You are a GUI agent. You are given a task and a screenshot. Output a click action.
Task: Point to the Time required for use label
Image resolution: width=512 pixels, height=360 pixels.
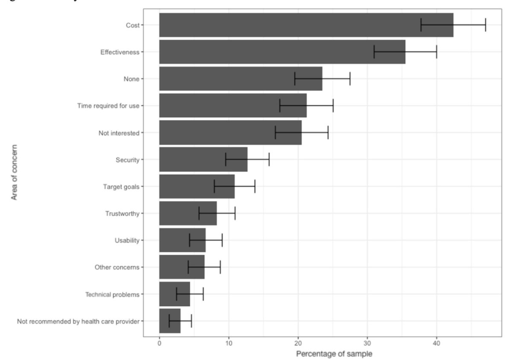(108, 105)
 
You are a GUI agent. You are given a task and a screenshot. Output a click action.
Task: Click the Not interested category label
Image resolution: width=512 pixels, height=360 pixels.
(119, 133)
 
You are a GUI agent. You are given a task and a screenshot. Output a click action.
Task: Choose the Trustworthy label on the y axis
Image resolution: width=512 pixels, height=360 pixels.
(122, 214)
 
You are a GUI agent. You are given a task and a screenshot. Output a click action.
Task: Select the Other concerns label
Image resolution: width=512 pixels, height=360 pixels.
(117, 267)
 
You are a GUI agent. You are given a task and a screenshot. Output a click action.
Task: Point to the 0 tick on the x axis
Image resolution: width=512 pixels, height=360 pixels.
(159, 342)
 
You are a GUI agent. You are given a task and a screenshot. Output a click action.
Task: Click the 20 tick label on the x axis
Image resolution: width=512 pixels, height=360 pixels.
(298, 342)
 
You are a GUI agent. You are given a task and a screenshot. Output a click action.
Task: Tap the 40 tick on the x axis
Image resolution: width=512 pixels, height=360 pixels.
(436, 342)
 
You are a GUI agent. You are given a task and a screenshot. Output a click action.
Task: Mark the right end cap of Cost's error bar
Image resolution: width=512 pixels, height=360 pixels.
(486, 25)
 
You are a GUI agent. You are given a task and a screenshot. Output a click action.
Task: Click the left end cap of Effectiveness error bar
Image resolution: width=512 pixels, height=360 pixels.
(374, 52)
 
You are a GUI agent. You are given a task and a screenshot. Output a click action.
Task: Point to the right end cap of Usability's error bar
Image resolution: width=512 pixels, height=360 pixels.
(222, 240)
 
